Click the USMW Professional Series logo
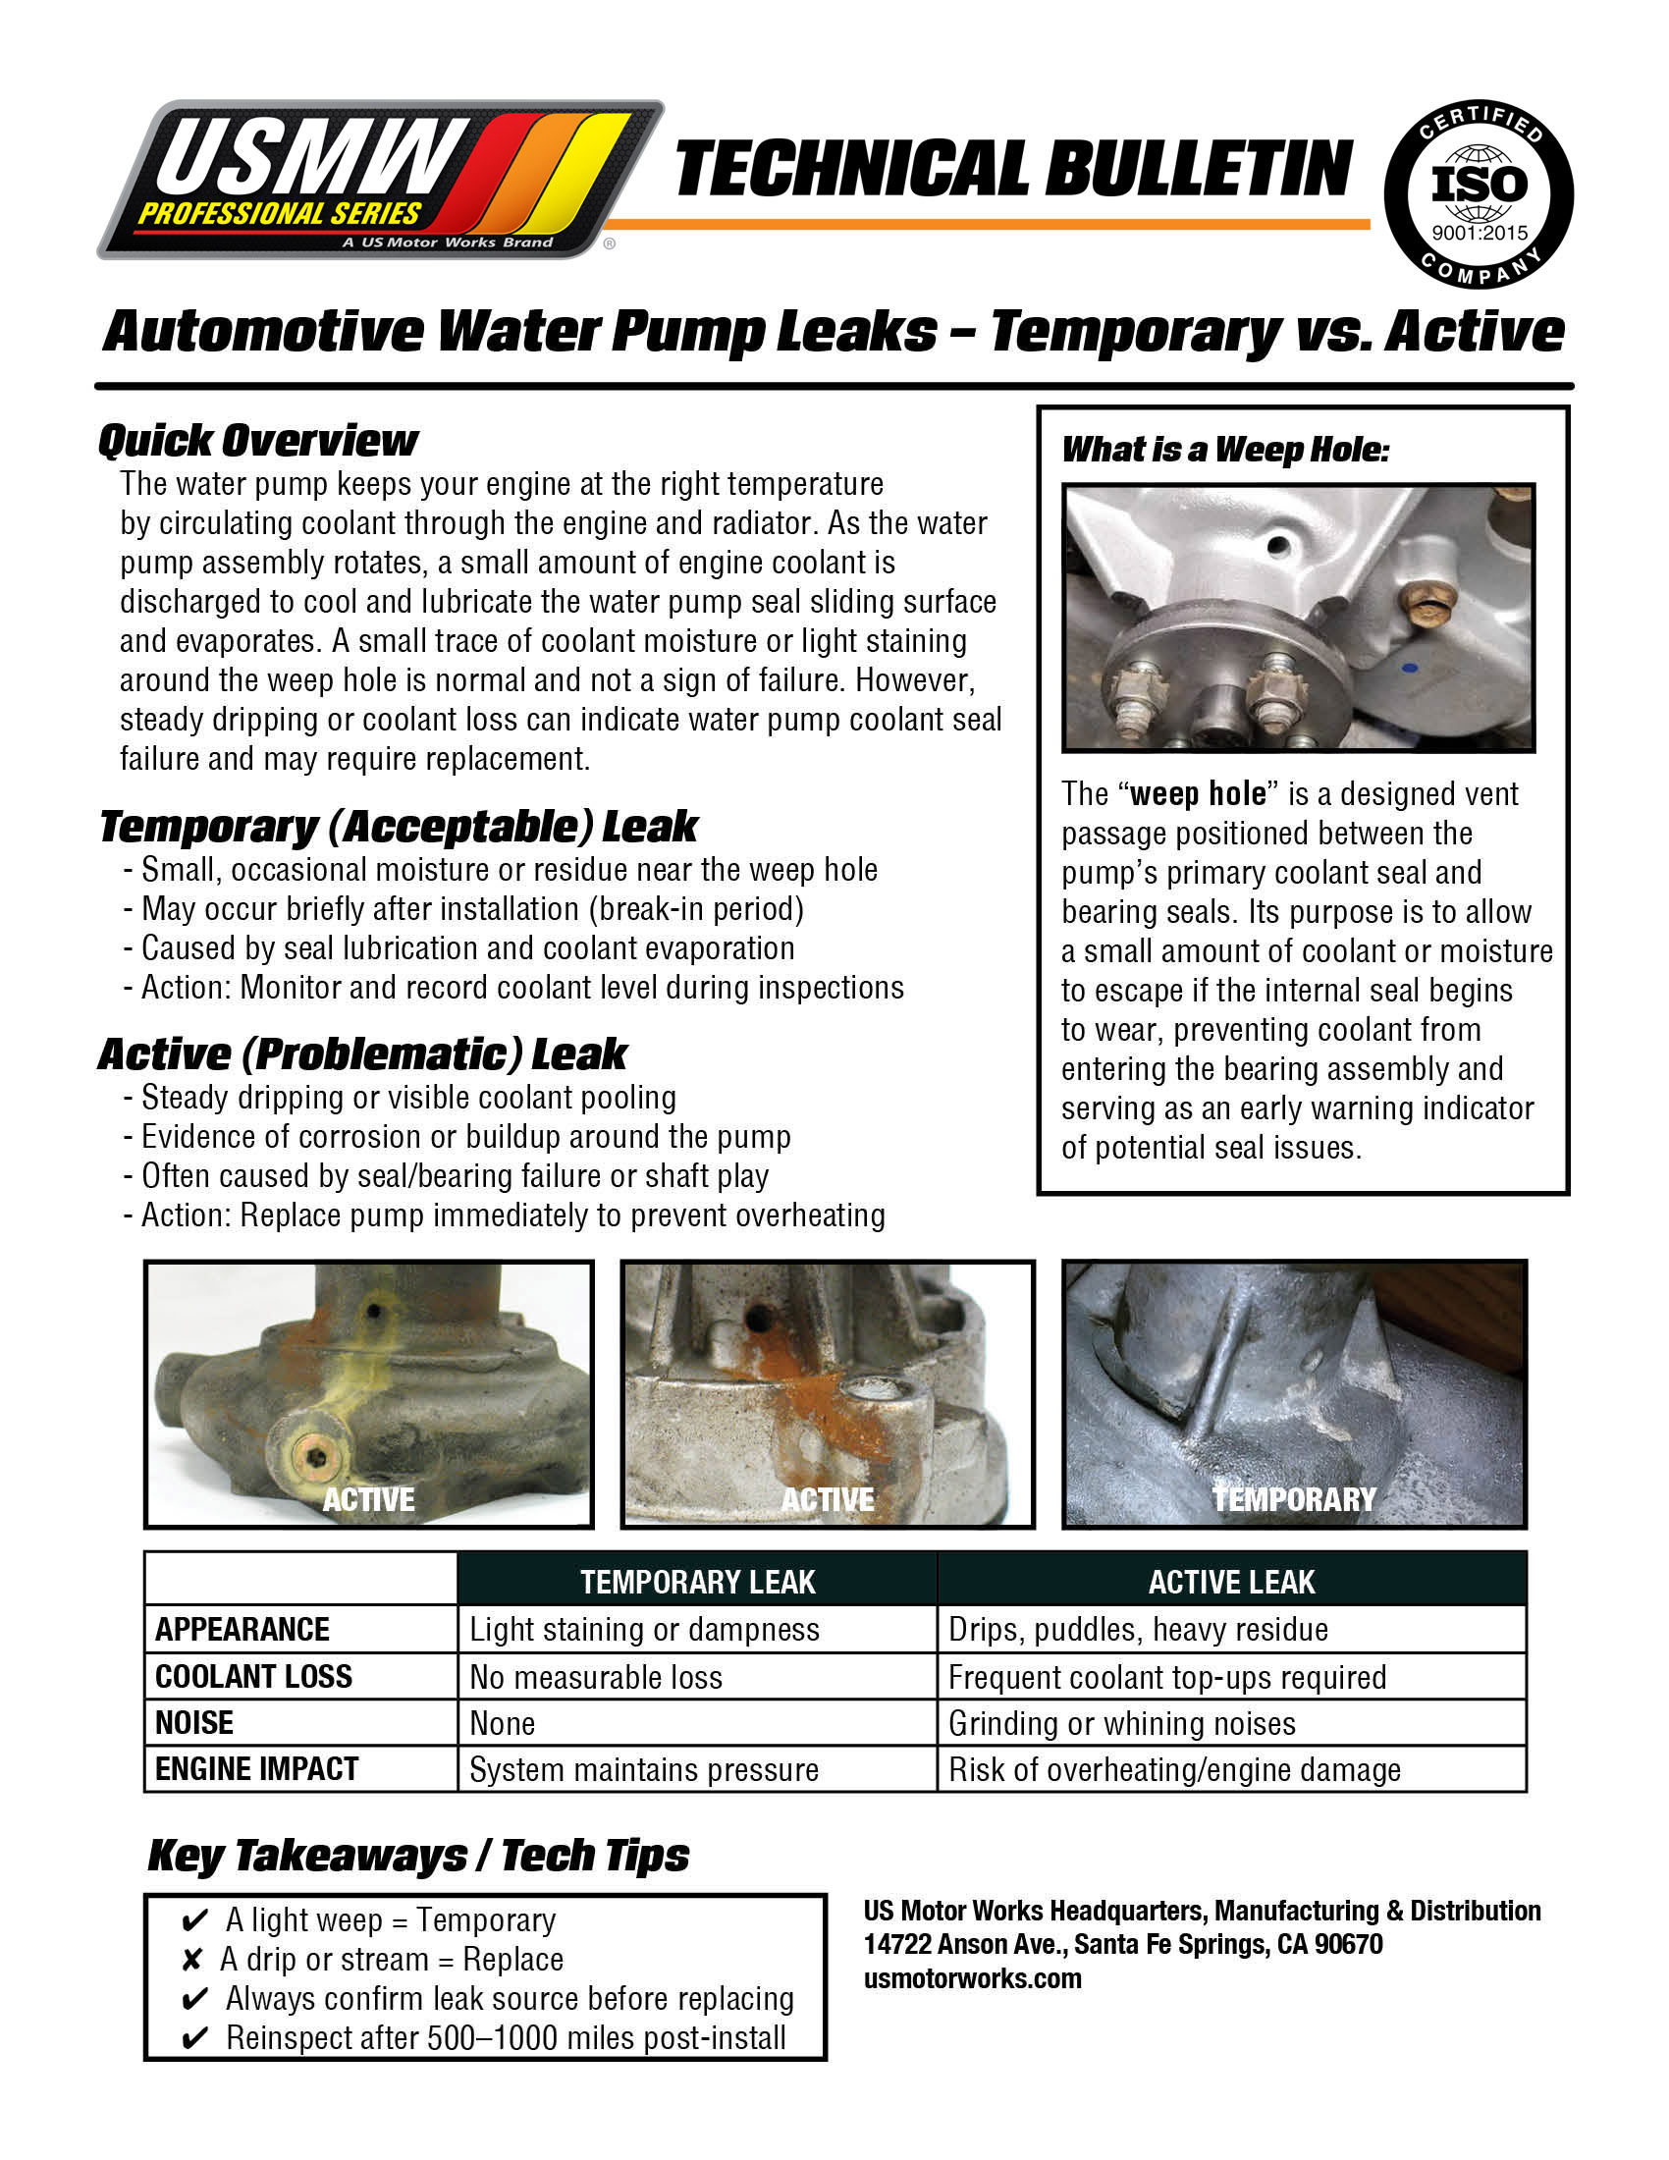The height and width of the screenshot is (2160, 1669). (381, 180)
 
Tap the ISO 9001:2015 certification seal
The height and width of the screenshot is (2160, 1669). (1479, 194)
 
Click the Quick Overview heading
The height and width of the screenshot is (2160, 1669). (258, 441)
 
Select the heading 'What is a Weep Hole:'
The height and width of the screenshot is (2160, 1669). (1225, 450)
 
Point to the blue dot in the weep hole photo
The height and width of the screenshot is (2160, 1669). (1411, 668)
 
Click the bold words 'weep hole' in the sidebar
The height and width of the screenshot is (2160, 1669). (1198, 794)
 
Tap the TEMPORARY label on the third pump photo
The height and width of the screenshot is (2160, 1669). (1293, 1499)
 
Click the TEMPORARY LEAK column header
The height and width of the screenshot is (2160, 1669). (697, 1583)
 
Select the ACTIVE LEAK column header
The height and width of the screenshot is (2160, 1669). (1231, 1583)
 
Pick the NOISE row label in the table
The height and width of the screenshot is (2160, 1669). (194, 1723)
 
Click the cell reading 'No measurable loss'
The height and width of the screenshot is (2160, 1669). (595, 1677)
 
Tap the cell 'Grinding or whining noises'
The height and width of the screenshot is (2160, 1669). (1121, 1724)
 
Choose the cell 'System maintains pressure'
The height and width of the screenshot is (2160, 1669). (644, 1769)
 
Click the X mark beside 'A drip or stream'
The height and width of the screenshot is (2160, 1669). (191, 1961)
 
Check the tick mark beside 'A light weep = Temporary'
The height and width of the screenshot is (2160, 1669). (194, 1920)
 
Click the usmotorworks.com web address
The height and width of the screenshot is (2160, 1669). (972, 1979)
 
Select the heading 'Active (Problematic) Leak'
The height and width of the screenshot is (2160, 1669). (362, 1054)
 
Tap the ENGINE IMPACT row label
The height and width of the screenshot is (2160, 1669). (256, 1768)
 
